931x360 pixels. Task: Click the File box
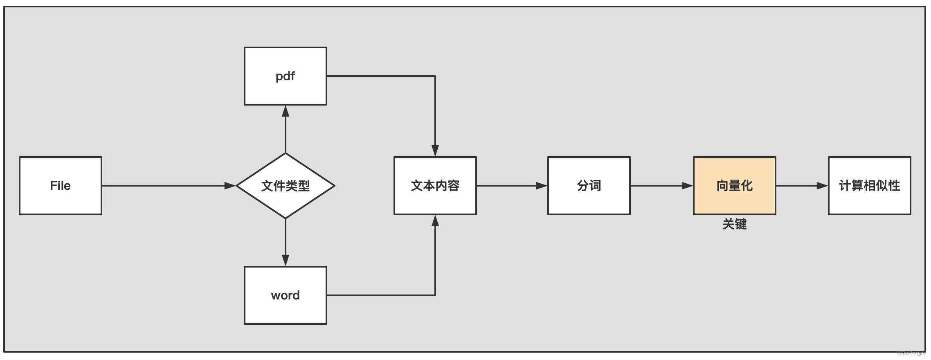(61, 186)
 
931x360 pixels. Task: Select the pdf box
(285, 76)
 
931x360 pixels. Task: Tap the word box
(285, 295)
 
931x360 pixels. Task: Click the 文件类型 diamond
(285, 186)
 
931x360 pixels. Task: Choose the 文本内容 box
(435, 186)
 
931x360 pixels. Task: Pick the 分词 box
(589, 186)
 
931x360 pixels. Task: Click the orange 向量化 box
(734, 186)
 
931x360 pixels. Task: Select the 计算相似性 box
(869, 186)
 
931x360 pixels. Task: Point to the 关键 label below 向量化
(734, 224)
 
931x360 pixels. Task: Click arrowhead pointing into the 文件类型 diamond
(230, 186)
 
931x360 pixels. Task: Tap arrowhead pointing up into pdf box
(286, 111)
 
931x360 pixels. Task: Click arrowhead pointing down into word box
(286, 260)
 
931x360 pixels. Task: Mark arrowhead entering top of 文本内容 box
(435, 151)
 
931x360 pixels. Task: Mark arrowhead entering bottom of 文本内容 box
(435, 221)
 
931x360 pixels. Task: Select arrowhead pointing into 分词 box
(542, 186)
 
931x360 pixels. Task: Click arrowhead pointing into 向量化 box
(687, 186)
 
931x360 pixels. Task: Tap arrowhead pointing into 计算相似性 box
(822, 186)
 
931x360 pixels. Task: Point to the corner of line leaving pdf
(435, 76)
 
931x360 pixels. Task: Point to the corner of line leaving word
(435, 295)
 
